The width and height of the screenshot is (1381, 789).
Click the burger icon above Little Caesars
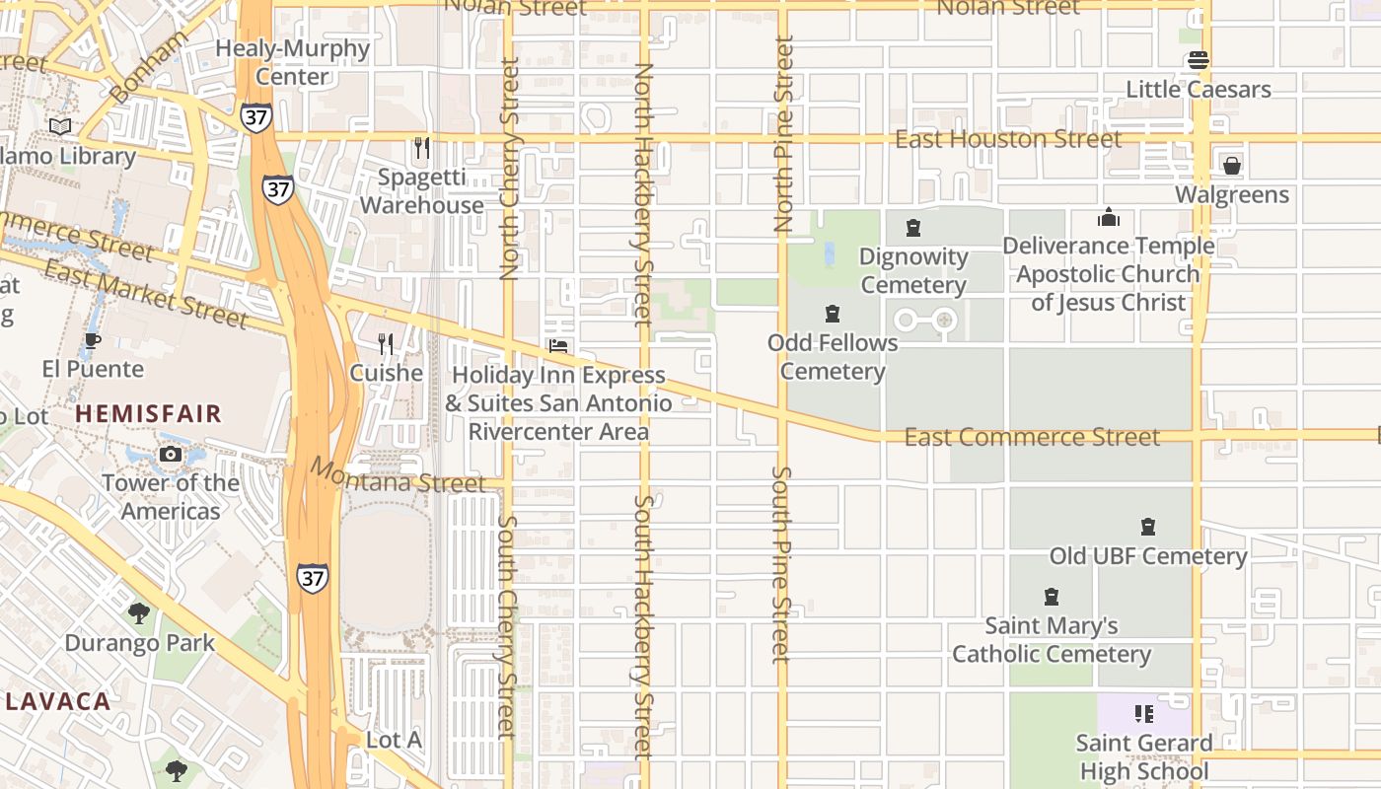click(x=1199, y=60)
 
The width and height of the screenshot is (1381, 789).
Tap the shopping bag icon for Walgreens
click(x=1231, y=166)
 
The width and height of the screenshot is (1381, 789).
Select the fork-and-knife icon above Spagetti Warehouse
click(x=421, y=148)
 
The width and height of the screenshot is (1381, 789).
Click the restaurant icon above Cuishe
click(x=386, y=343)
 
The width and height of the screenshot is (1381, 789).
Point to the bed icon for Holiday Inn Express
click(x=558, y=346)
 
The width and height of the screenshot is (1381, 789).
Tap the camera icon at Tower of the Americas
click(x=171, y=454)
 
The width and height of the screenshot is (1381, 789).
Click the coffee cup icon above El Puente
click(x=92, y=340)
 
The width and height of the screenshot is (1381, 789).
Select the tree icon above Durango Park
click(x=139, y=613)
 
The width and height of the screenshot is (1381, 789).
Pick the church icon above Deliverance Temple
click(x=1109, y=217)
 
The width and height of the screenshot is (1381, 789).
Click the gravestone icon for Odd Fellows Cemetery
click(x=833, y=314)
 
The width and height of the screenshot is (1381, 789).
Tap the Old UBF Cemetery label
click(x=1148, y=556)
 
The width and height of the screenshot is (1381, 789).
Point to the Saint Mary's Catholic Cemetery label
click(x=1051, y=640)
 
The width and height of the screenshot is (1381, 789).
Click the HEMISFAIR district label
click(x=149, y=413)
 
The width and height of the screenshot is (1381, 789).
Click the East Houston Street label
click(x=1007, y=139)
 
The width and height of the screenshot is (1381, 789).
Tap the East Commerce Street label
click(x=1032, y=437)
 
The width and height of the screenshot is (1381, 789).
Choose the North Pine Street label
click(x=784, y=133)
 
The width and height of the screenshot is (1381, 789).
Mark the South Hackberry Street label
click(x=643, y=626)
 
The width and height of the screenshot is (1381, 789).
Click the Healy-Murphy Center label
click(x=293, y=62)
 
